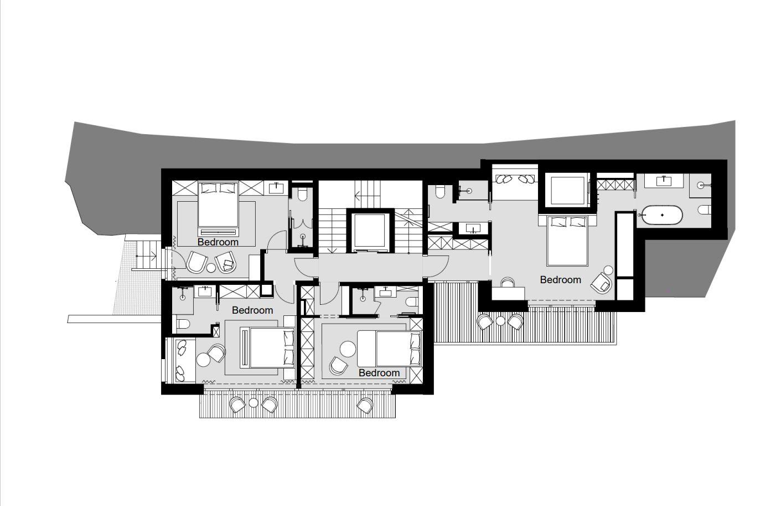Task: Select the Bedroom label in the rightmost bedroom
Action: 560,280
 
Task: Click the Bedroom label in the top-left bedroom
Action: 218,242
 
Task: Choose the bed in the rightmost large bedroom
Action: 567,241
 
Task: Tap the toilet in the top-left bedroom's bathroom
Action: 302,194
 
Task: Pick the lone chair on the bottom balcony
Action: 365,405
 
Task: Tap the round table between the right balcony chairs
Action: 500,321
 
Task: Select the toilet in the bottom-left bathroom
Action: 183,324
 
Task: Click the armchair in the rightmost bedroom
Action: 601,284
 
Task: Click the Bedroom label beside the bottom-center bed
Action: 379,373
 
